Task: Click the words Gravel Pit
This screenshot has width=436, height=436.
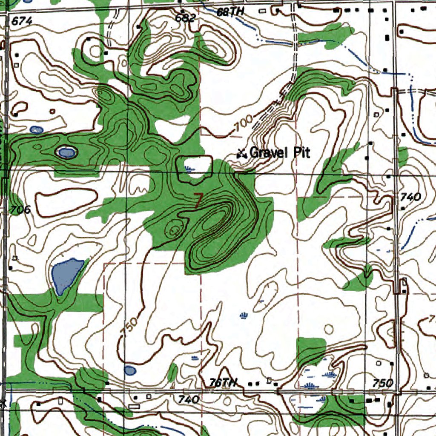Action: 280,152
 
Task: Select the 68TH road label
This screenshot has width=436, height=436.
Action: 230,12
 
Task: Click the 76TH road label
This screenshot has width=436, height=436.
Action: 222,383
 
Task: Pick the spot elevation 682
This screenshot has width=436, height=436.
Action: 185,18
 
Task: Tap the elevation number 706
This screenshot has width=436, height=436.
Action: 20,209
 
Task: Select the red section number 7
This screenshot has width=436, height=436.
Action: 198,200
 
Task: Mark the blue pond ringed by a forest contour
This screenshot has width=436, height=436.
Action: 67,152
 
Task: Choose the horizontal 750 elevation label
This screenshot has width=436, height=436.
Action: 382,383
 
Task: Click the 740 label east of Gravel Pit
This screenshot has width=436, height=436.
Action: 410,197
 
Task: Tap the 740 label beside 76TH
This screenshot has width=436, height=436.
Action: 189,399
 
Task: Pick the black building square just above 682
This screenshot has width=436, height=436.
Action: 182,11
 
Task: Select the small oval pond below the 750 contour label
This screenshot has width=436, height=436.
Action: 130,370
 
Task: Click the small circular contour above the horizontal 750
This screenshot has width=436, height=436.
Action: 329,328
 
